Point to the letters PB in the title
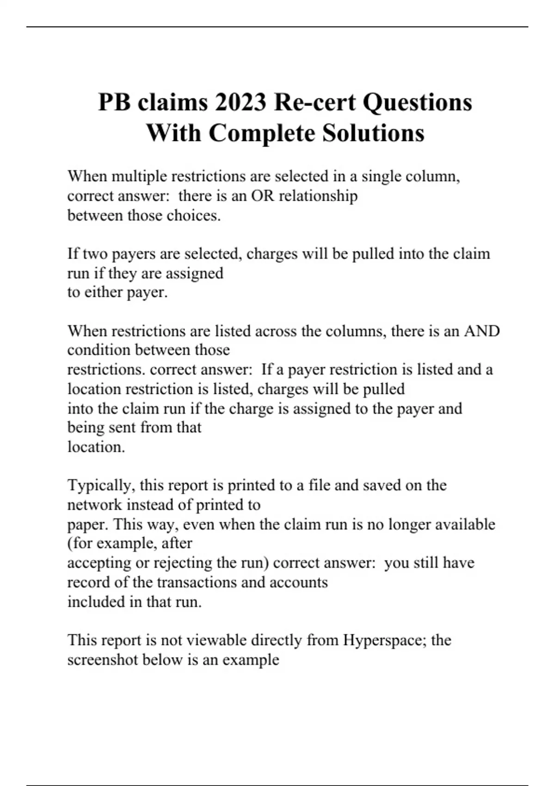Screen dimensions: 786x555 coord(114,102)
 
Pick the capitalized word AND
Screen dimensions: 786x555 coord(481,331)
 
